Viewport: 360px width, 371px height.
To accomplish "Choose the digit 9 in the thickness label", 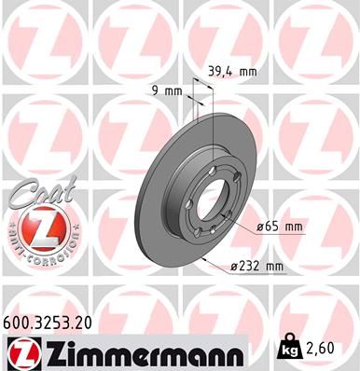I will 155,91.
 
